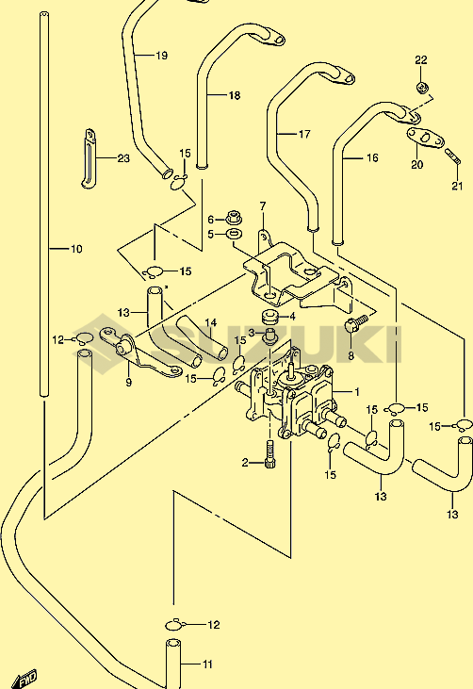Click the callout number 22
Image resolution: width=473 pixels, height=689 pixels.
click(421, 59)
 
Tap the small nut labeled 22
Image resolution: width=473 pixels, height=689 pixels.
click(422, 87)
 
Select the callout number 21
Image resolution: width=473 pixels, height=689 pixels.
click(457, 186)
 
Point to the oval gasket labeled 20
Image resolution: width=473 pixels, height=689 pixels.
click(425, 139)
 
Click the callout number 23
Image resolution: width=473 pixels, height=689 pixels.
click(123, 158)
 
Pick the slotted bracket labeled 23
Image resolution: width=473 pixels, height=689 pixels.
click(89, 158)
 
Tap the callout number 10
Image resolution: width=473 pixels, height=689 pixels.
click(76, 249)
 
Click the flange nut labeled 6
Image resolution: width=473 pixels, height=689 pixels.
click(234, 217)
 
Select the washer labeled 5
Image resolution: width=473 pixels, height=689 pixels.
click(235, 234)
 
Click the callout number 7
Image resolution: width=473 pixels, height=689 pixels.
click(263, 206)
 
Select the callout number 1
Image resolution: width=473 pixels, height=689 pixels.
click(357, 391)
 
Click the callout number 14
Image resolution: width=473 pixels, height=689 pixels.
click(211, 323)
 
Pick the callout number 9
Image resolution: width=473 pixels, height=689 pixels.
click(128, 383)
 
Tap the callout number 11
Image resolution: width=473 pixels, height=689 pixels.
click(207, 664)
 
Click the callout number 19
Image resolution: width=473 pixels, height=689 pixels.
click(162, 56)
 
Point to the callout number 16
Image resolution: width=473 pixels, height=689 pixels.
click(372, 157)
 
